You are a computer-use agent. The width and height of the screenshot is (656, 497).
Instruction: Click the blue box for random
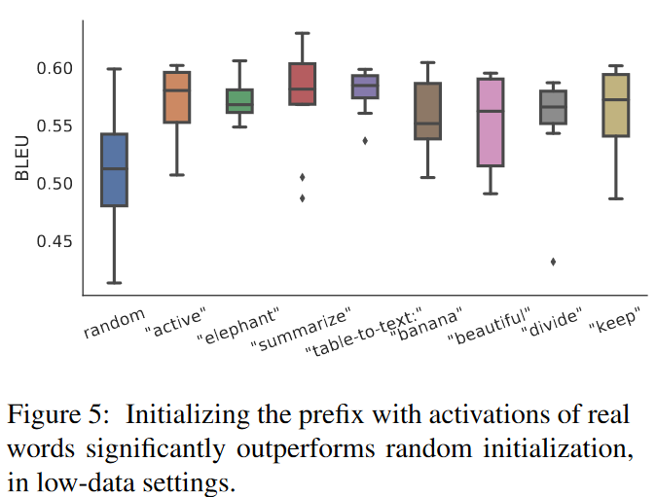(x=114, y=170)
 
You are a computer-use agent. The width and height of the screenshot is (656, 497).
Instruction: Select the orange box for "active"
(x=176, y=97)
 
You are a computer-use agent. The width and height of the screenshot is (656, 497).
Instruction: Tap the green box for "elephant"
(x=238, y=101)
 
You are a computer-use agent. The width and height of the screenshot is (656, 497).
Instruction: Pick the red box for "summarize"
(x=303, y=84)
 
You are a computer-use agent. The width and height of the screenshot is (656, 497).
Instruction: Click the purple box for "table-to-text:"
(x=365, y=87)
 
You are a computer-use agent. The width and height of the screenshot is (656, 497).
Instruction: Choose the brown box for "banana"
(x=427, y=111)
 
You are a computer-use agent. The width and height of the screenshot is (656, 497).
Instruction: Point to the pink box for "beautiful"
(x=491, y=123)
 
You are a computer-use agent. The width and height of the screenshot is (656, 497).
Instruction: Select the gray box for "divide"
(x=553, y=107)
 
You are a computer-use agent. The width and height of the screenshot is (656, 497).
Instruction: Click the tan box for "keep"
(x=615, y=105)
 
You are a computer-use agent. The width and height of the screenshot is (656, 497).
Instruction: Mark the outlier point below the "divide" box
(x=553, y=262)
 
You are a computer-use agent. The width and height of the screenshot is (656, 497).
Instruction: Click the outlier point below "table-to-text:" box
(x=365, y=141)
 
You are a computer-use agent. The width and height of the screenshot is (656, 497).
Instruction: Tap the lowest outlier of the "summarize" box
(x=302, y=198)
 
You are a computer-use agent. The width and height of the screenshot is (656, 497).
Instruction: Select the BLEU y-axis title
(x=22, y=161)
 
